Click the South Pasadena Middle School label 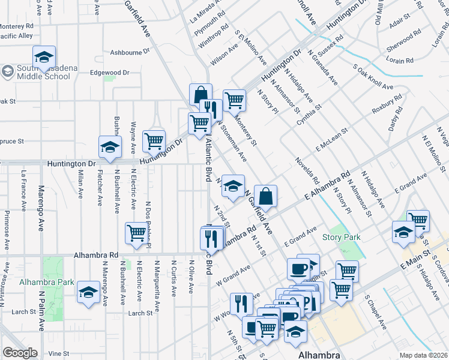tap(40, 72)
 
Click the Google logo tap(20, 352)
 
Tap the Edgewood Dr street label tap(109, 73)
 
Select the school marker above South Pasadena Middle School tap(44, 57)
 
